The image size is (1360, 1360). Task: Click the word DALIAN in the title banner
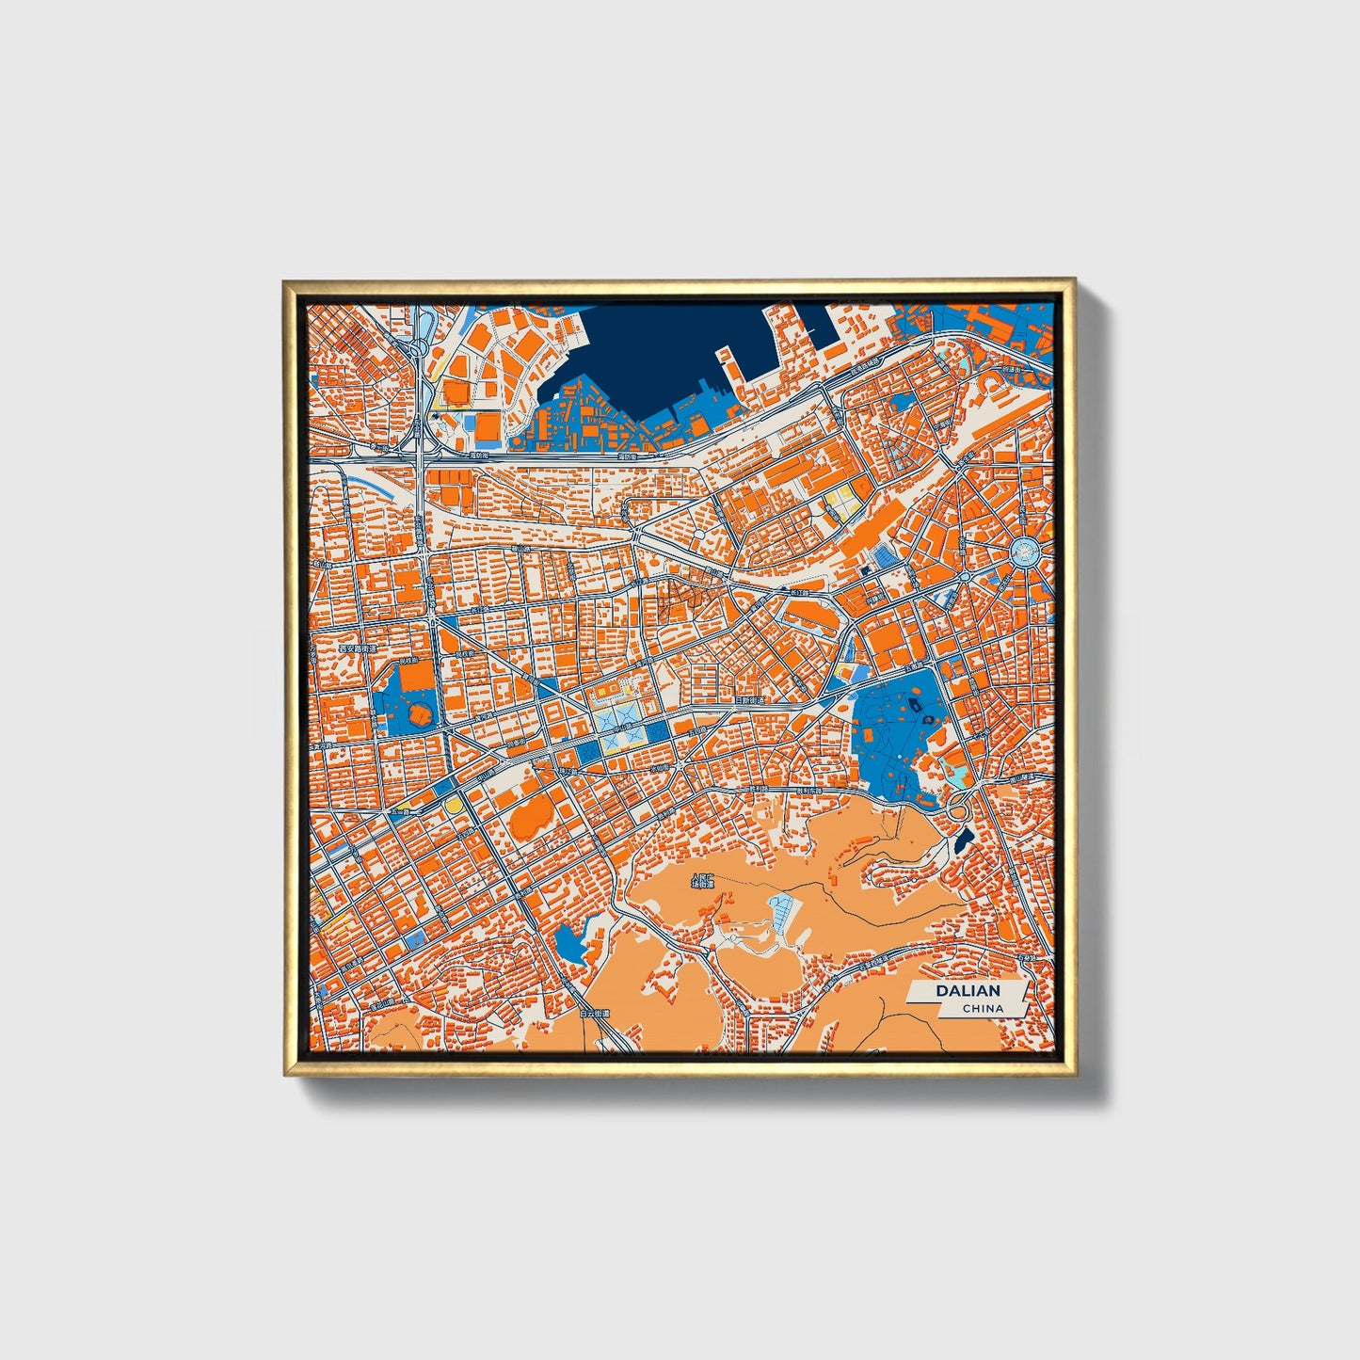pos(968,991)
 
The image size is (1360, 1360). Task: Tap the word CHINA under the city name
pos(982,1008)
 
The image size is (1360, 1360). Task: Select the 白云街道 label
pos(596,1014)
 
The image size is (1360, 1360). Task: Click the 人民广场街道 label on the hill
pos(703,883)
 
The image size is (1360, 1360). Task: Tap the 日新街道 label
pos(750,700)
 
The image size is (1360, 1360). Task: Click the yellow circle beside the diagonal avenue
pos(455,806)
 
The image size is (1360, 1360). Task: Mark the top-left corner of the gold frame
pos(284,281)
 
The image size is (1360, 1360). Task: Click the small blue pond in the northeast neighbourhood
pos(901,404)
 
